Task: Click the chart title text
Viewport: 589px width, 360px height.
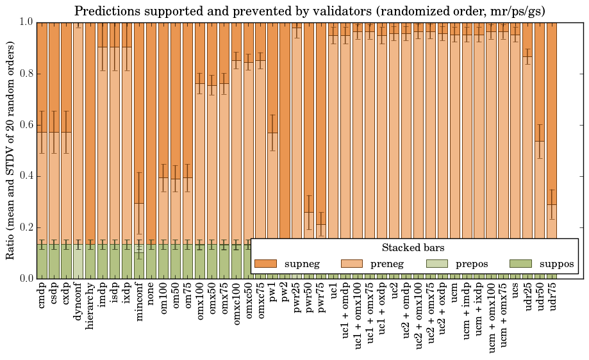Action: point(310,11)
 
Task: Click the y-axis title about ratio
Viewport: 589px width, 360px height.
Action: point(11,150)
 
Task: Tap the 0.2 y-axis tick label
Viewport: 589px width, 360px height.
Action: point(26,227)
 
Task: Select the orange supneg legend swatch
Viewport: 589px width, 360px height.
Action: point(265,264)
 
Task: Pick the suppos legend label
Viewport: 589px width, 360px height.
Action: point(556,264)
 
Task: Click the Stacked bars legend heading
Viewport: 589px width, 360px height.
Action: point(413,247)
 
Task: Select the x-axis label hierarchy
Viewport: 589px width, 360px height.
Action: point(90,302)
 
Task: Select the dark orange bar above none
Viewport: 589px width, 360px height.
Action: point(151,128)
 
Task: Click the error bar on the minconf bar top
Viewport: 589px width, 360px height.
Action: point(139,203)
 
